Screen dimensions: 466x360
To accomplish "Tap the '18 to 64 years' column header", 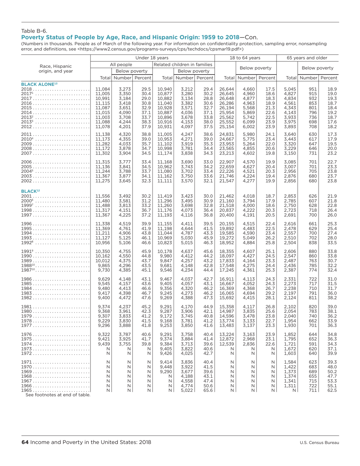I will pos(246,58).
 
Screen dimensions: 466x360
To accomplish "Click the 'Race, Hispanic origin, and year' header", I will pos(56,68).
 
